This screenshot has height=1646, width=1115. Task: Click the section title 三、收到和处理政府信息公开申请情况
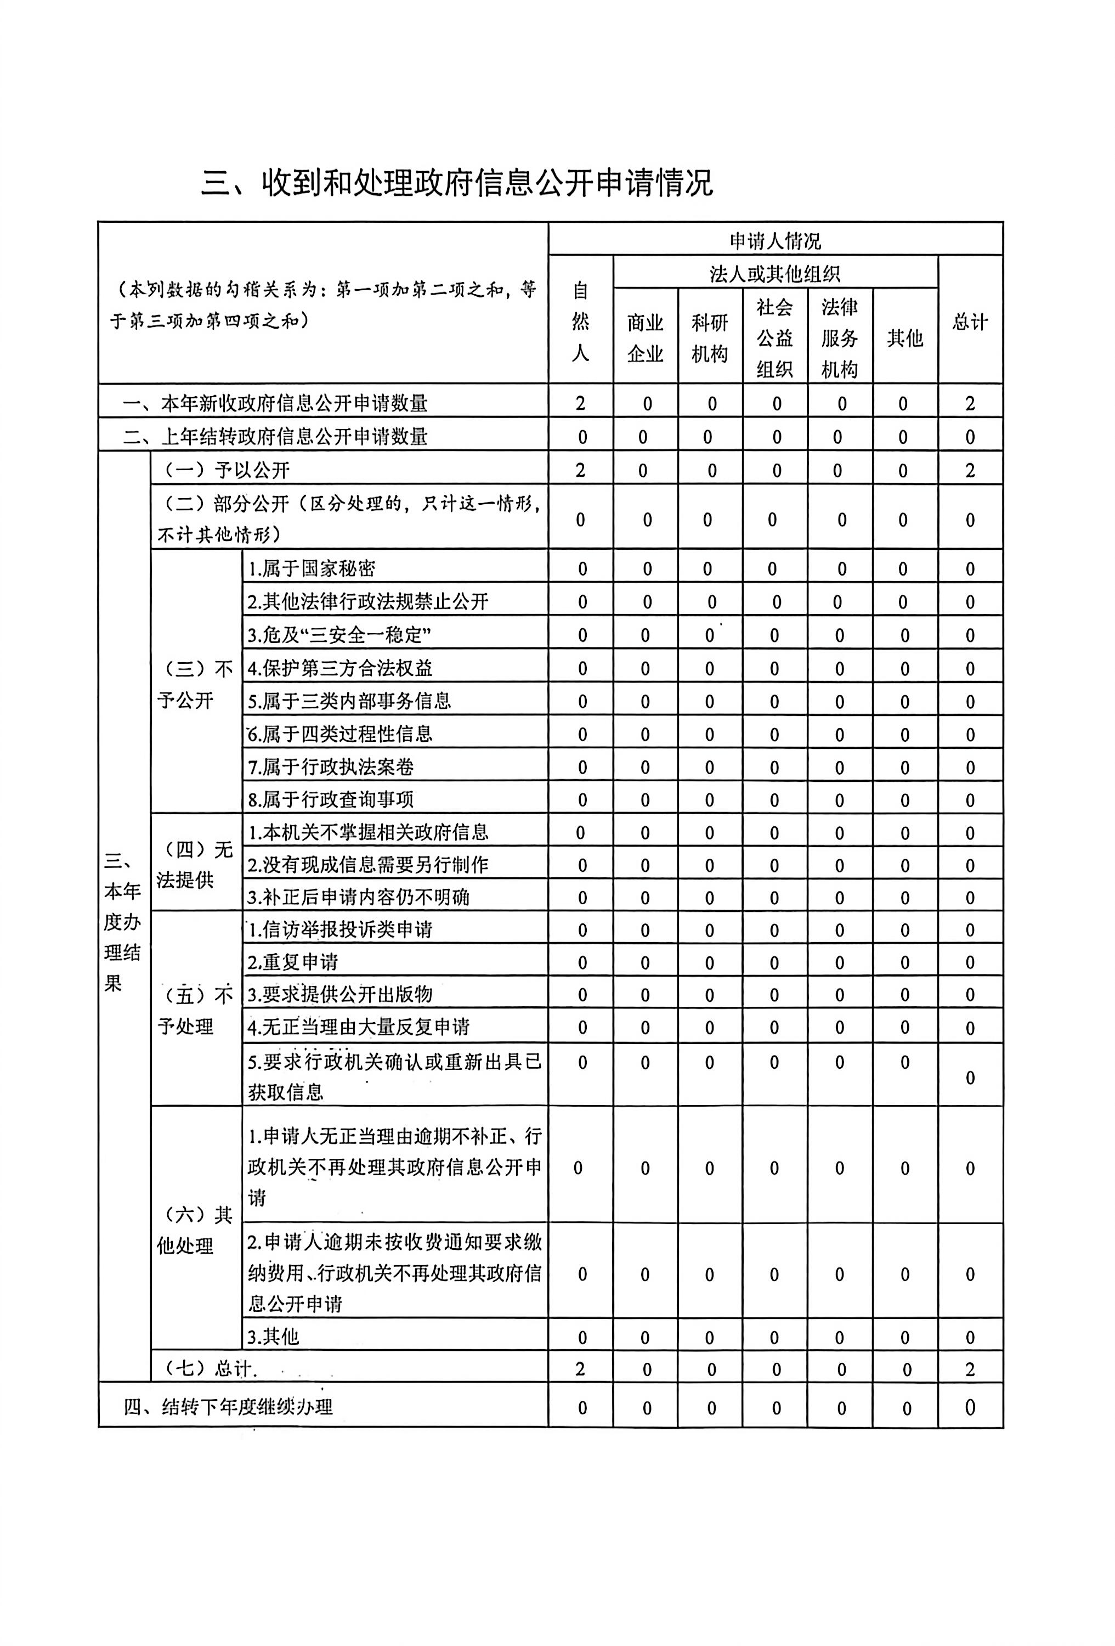pyautogui.click(x=457, y=183)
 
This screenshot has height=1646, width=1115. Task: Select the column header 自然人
pyautogui.click(x=580, y=321)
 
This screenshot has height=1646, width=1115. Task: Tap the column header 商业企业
pyautogui.click(x=645, y=338)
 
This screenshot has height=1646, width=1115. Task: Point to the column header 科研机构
pyautogui.click(x=709, y=338)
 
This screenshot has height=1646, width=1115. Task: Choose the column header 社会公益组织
pyautogui.click(x=774, y=338)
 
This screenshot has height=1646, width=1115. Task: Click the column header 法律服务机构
pyautogui.click(x=840, y=338)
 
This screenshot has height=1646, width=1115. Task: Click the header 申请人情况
pyautogui.click(x=775, y=241)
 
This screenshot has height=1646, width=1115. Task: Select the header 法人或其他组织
pyautogui.click(x=775, y=273)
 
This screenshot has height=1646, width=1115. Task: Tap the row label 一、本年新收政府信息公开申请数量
pyautogui.click(x=275, y=403)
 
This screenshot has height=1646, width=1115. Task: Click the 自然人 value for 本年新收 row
pyautogui.click(x=580, y=403)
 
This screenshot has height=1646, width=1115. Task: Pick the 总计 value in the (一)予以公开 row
pyautogui.click(x=970, y=470)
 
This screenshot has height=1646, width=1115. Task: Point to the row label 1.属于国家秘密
pyautogui.click(x=312, y=568)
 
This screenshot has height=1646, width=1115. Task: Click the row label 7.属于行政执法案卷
pyautogui.click(x=331, y=766)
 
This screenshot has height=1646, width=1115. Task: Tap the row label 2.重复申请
pyautogui.click(x=293, y=962)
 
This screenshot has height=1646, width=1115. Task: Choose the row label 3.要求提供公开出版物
pyautogui.click(x=340, y=994)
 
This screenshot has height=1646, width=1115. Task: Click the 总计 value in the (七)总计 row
pyautogui.click(x=970, y=1369)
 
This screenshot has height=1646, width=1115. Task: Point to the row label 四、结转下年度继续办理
pyautogui.click(x=228, y=1407)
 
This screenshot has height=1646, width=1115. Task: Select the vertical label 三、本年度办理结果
pyautogui.click(x=122, y=921)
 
